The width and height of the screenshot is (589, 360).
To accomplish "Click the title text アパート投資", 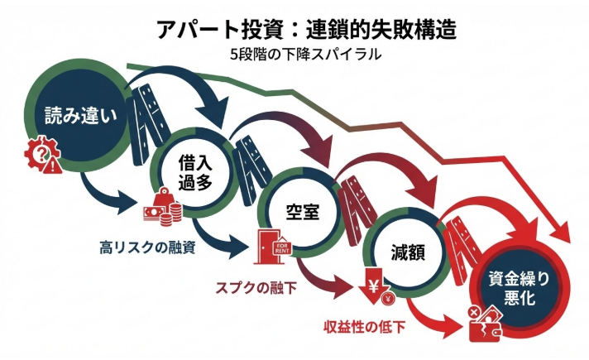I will point(205,30).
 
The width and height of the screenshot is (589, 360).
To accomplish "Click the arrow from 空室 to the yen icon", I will point(327,282).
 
